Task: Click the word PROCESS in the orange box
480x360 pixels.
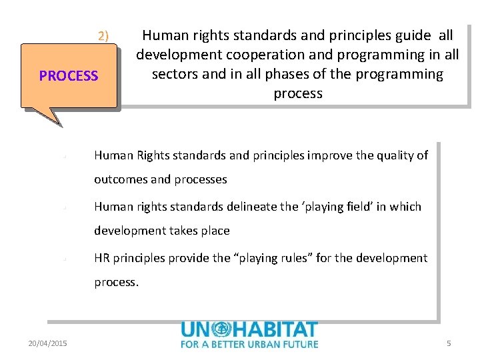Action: (x=69, y=76)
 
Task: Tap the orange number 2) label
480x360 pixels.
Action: (x=103, y=36)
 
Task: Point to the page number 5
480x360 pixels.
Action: (x=449, y=343)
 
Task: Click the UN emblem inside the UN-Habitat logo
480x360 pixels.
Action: (x=221, y=329)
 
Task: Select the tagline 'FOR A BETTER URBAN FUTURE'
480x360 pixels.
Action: (x=249, y=344)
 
